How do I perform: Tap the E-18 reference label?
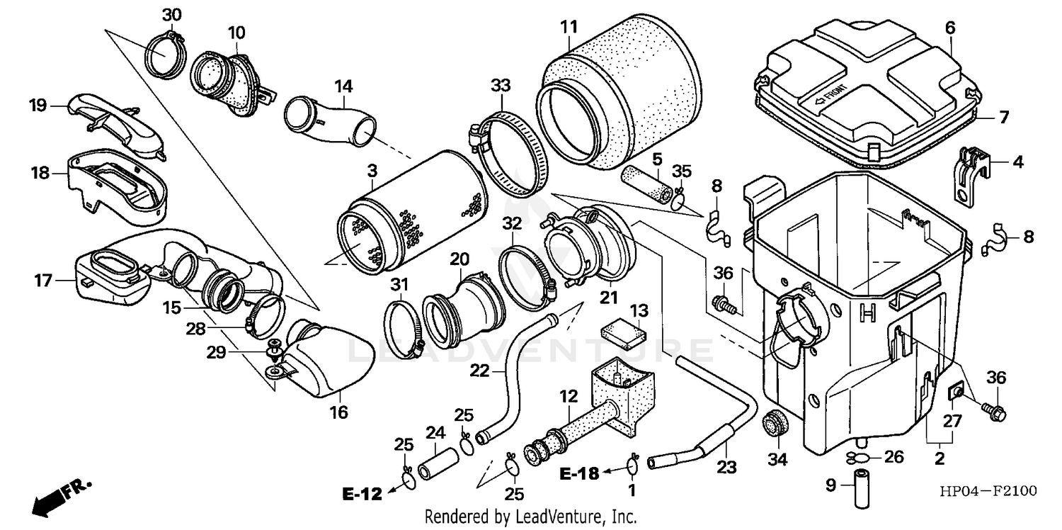(579, 473)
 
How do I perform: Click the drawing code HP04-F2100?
(987, 490)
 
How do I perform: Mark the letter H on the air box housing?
(864, 311)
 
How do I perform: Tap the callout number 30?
(171, 15)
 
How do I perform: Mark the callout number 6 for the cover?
(949, 28)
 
